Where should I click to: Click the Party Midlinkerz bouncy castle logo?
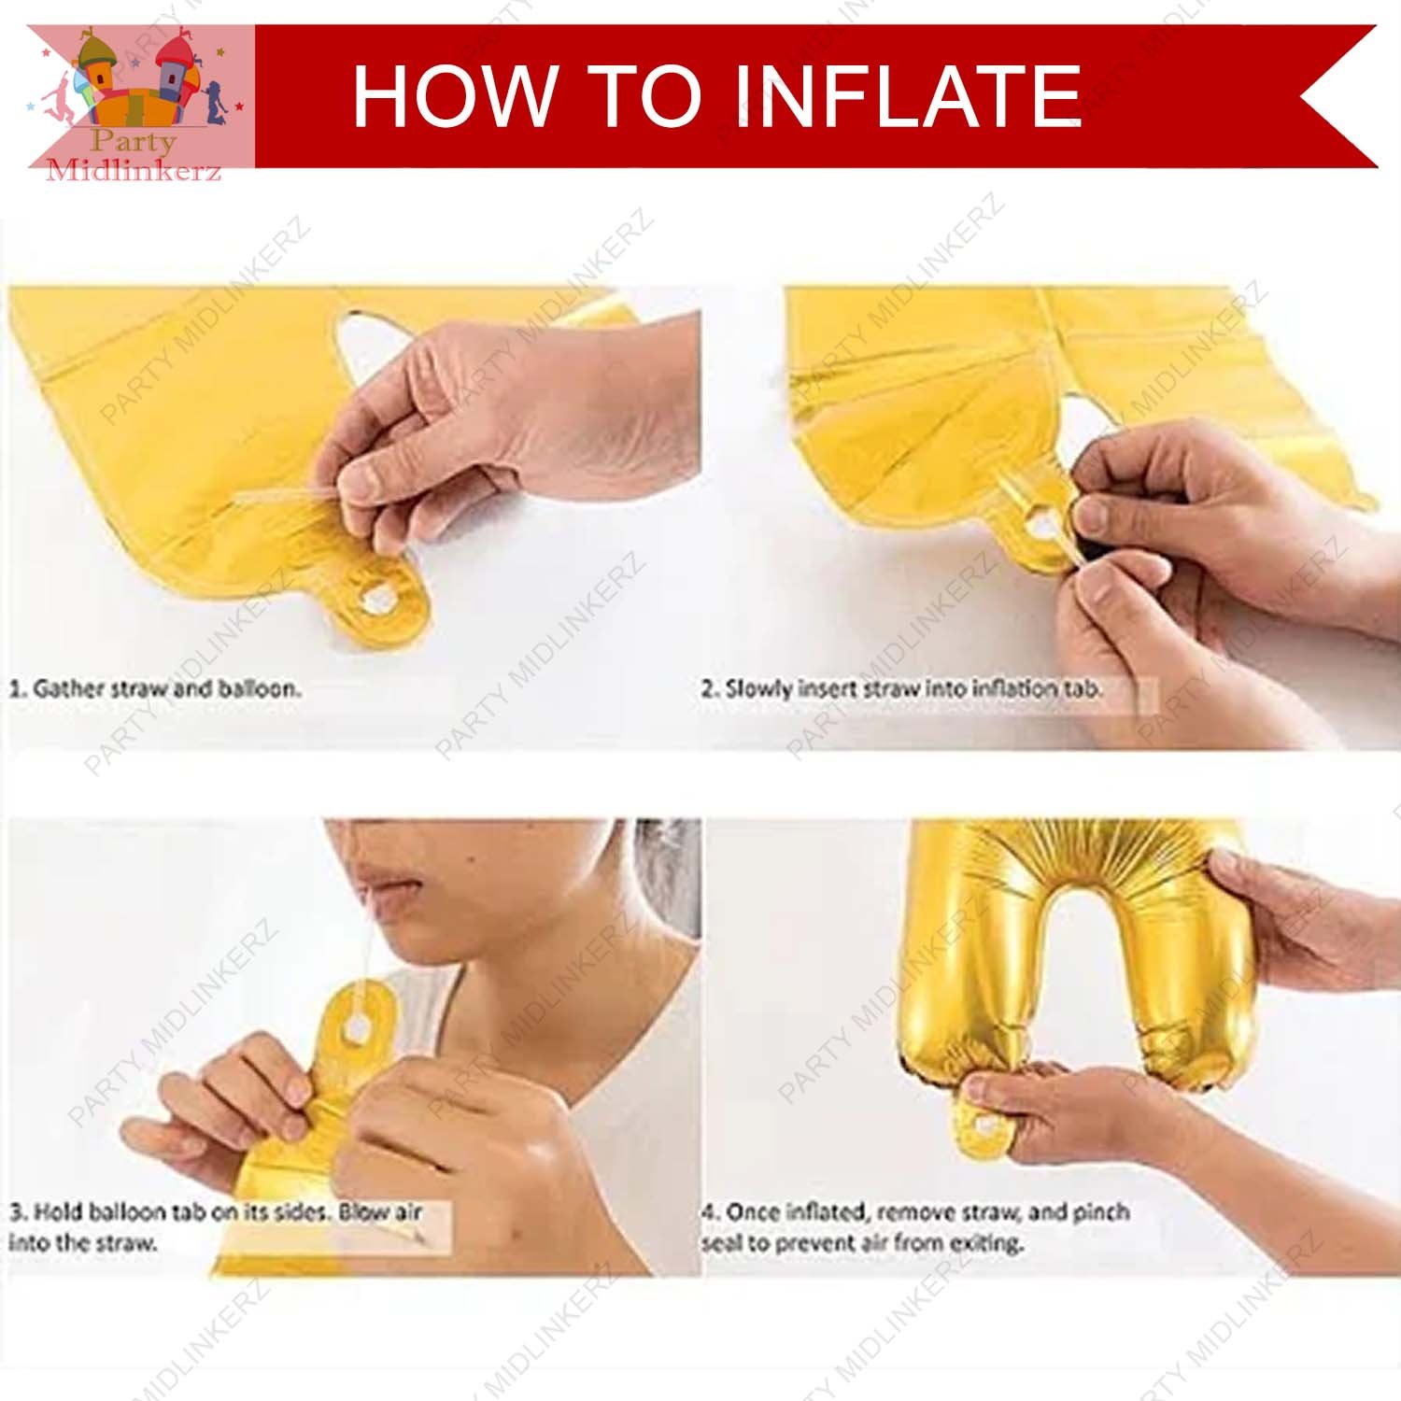point(140,97)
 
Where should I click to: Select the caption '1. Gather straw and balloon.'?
point(155,689)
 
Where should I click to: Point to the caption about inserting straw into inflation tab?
point(902,689)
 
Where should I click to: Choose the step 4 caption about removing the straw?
point(915,1226)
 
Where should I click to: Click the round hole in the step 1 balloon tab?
point(377,599)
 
